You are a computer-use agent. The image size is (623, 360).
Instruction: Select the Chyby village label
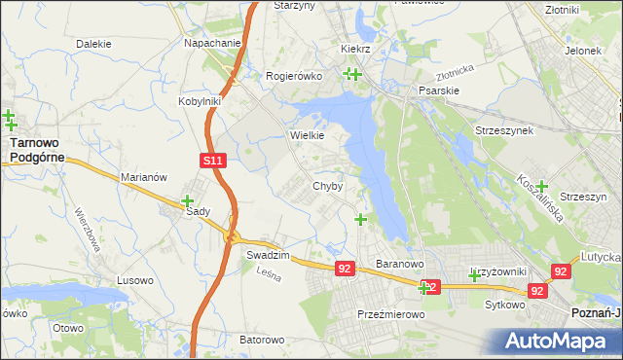[327, 186]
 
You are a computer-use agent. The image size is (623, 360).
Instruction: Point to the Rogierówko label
[293, 76]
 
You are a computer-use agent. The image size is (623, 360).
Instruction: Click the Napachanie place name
[212, 44]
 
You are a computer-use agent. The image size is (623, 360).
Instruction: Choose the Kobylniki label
[201, 100]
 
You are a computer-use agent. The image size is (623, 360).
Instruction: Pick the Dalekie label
[93, 44]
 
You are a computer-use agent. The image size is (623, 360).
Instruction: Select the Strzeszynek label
[503, 130]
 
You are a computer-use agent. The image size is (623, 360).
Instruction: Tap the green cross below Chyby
[361, 219]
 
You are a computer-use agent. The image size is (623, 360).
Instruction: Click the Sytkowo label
[505, 304]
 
